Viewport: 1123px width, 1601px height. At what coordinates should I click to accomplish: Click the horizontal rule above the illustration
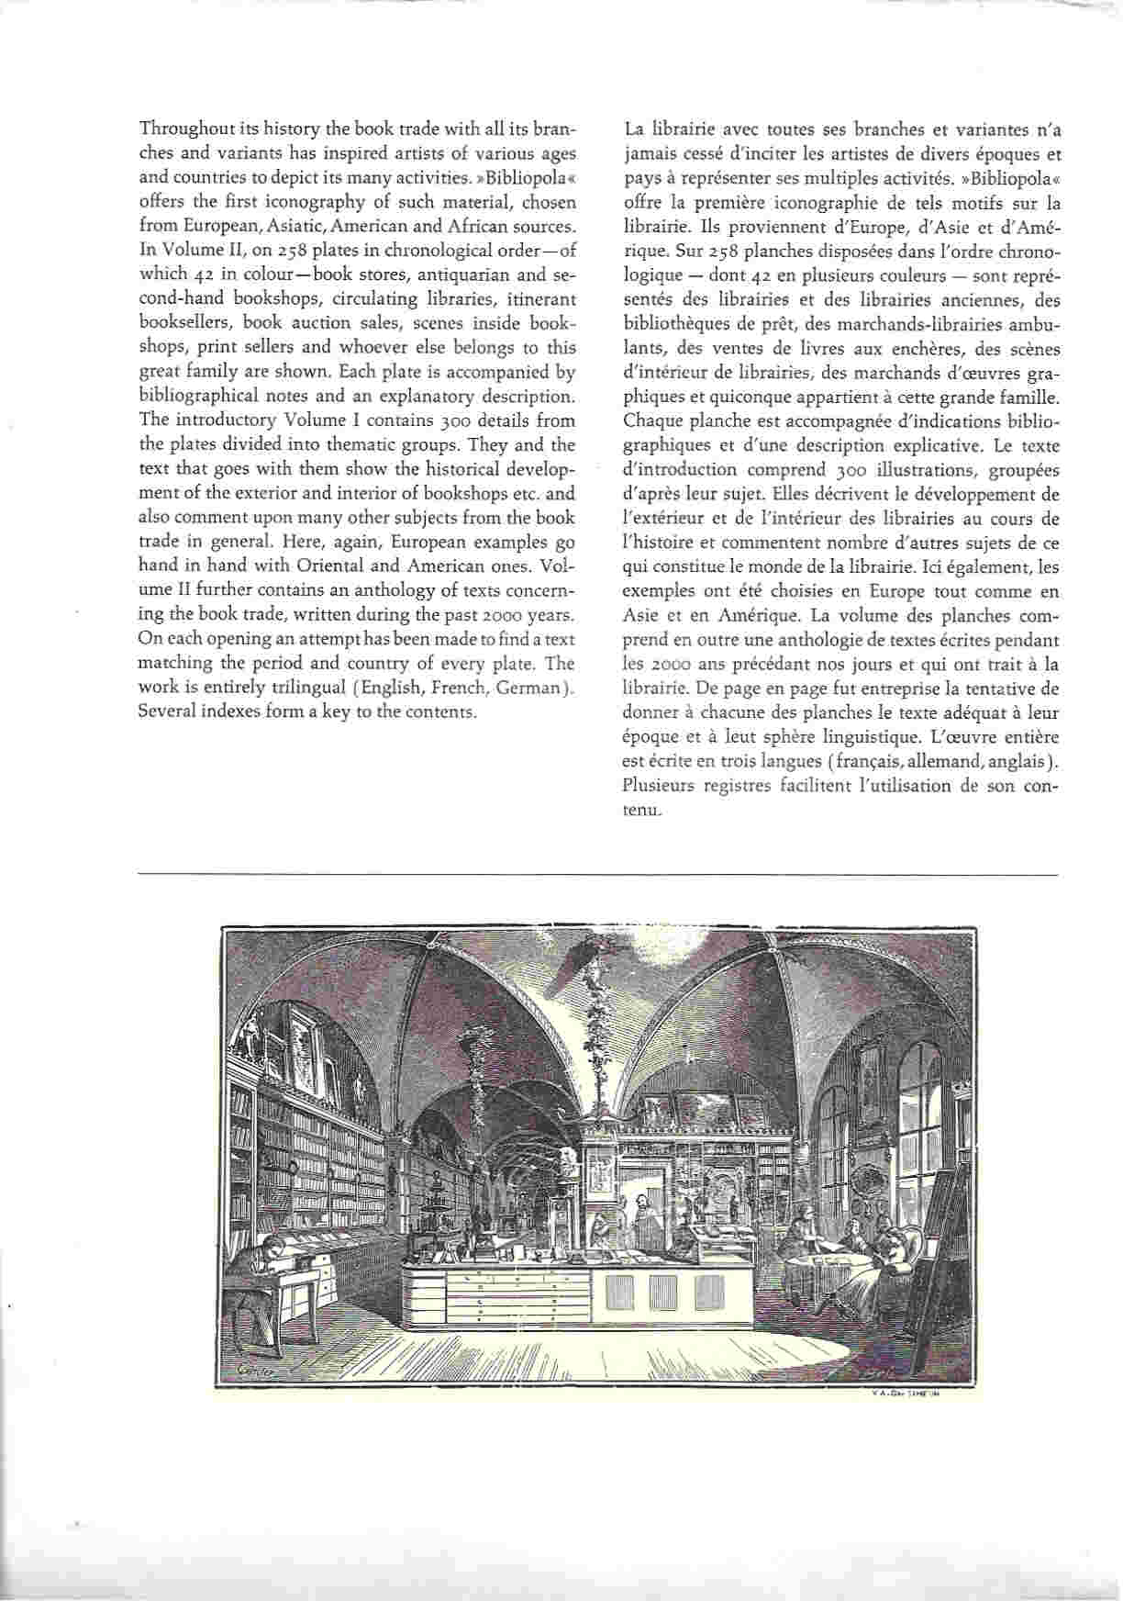[596, 874]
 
